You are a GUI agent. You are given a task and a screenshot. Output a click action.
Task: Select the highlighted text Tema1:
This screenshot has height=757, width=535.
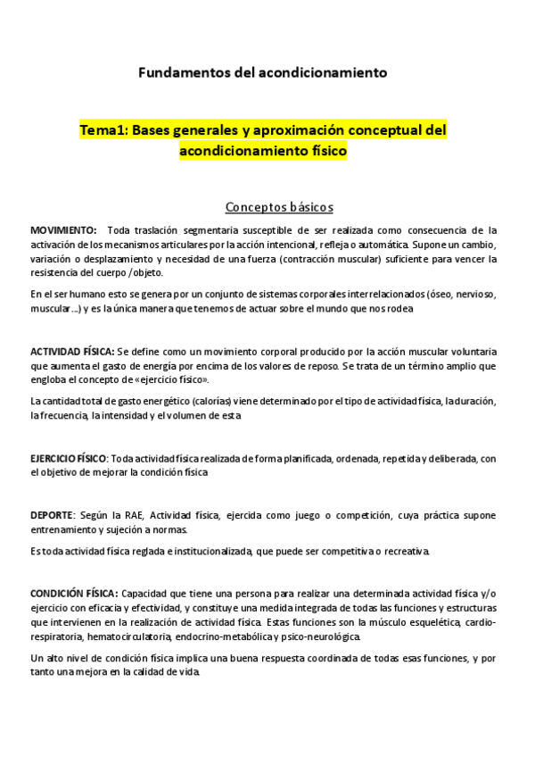coord(103,130)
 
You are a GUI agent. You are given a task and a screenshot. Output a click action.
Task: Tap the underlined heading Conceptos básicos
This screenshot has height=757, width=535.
coord(279,207)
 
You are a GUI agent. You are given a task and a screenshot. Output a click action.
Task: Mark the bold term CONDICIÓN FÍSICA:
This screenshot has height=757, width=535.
coord(73,593)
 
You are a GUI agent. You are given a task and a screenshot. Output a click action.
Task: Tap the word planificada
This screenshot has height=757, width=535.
coord(298,459)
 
